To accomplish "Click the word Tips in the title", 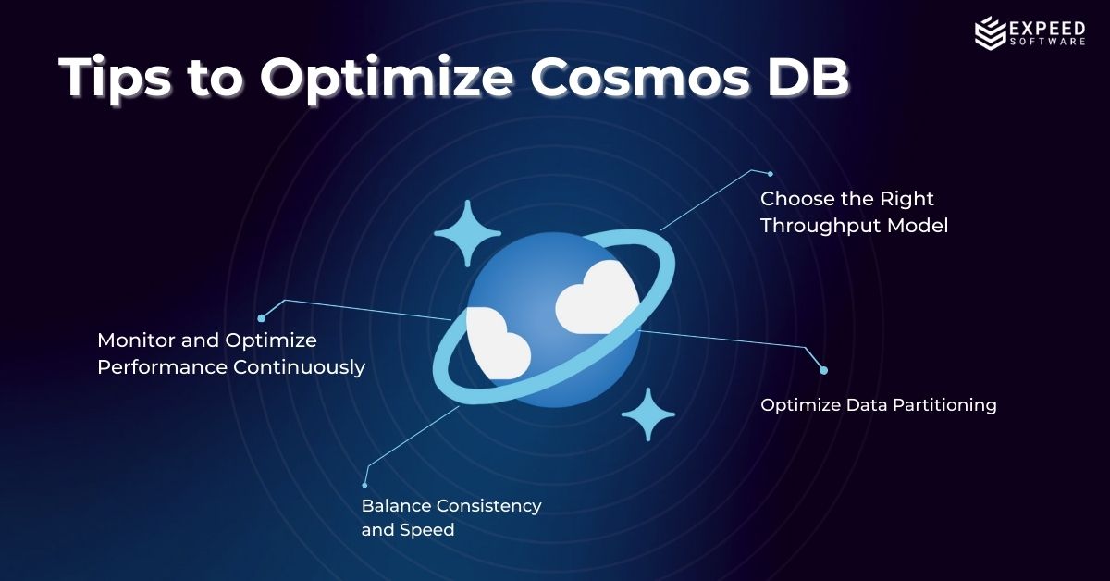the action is pyautogui.click(x=115, y=79).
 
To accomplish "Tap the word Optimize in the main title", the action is pyautogui.click(x=387, y=80).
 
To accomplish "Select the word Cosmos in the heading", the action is pyautogui.click(x=639, y=78).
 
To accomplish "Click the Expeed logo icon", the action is pyautogui.click(x=990, y=32).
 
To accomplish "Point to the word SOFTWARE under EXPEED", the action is pyautogui.click(x=1047, y=42).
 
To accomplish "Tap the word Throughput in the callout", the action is pyautogui.click(x=820, y=226).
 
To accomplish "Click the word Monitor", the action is pyautogui.click(x=136, y=340).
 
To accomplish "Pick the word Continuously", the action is pyautogui.click(x=300, y=368).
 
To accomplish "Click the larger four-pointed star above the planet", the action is pyautogui.click(x=467, y=233).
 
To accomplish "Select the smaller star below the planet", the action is pyautogui.click(x=648, y=414).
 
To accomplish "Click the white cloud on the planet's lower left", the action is pyautogui.click(x=497, y=343).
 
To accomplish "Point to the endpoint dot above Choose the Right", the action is pyautogui.click(x=770, y=174).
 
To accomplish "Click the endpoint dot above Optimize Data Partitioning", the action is pyautogui.click(x=823, y=370).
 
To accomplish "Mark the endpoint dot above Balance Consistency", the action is pyautogui.click(x=364, y=486).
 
